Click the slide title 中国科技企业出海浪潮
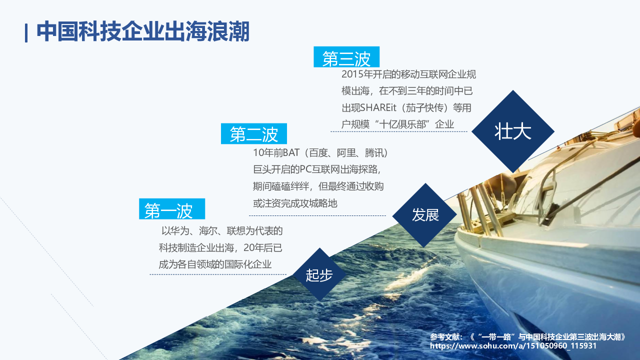tap(143, 31)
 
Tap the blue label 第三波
tap(346, 57)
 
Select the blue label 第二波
tap(254, 133)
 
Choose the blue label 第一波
tap(172, 209)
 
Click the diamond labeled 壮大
tap(513, 131)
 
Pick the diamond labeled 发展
tap(425, 215)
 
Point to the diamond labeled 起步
tap(319, 274)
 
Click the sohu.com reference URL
tap(513, 346)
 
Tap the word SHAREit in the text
tap(378, 108)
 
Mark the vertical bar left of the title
tap(26, 33)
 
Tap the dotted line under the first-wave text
tap(218, 274)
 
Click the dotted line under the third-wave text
tap(399, 131)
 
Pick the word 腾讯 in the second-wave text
tap(374, 153)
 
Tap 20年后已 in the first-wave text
tap(263, 247)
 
